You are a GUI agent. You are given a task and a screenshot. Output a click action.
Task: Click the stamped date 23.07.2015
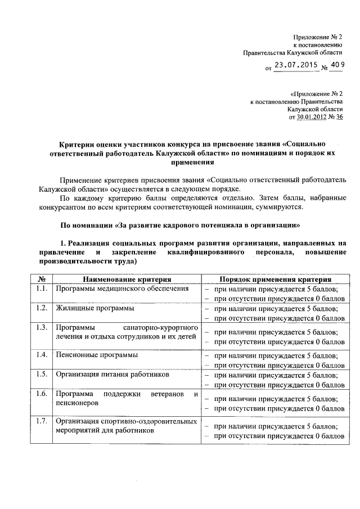click(295, 65)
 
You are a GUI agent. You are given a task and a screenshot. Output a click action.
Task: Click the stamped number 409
click(336, 65)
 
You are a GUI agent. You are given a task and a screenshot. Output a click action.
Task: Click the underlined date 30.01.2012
click(312, 117)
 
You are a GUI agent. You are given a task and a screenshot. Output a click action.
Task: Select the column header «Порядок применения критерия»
click(276, 279)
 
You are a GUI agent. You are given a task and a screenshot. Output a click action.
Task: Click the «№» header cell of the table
click(41, 279)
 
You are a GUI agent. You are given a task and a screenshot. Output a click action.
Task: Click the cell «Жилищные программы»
click(86, 308)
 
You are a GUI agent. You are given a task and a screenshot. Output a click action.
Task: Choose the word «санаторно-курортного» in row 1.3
click(161, 327)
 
